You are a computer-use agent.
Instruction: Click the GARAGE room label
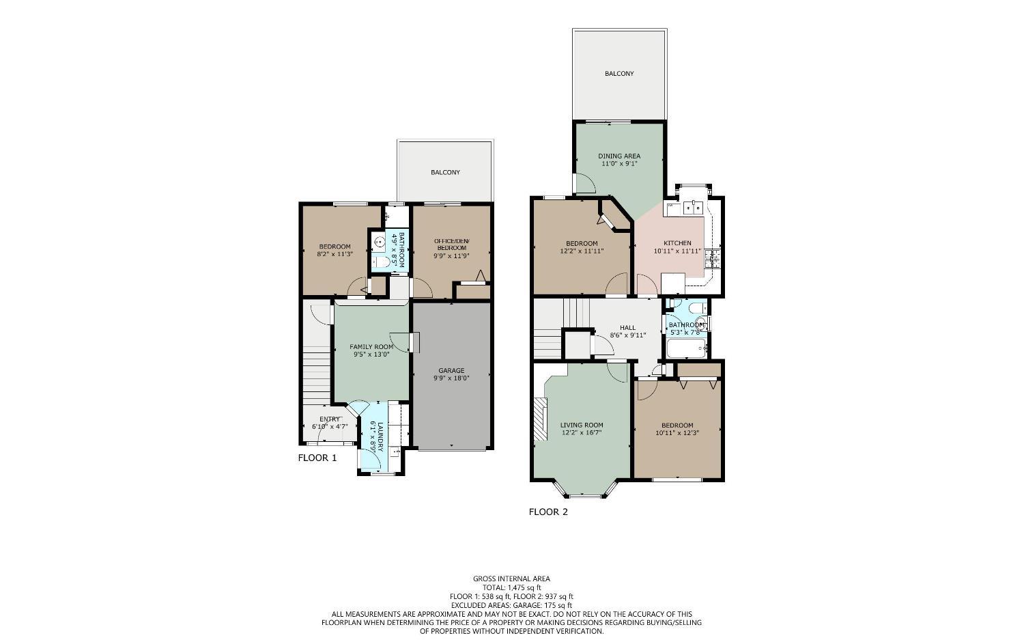pyautogui.click(x=451, y=371)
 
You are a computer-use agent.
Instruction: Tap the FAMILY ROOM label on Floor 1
pyautogui.click(x=373, y=347)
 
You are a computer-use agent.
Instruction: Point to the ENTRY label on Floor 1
pyautogui.click(x=330, y=419)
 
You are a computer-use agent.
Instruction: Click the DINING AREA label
pyautogui.click(x=619, y=156)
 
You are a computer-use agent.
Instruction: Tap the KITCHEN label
pyautogui.click(x=677, y=243)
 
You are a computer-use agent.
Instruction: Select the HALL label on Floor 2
pyautogui.click(x=627, y=327)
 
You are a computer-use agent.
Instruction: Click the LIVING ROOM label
pyautogui.click(x=582, y=425)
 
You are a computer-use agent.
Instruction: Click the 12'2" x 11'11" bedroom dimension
pyautogui.click(x=582, y=251)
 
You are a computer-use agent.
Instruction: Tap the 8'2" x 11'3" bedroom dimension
pyautogui.click(x=335, y=254)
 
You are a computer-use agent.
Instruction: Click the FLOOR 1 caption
pyautogui.click(x=317, y=458)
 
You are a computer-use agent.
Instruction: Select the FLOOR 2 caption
pyautogui.click(x=548, y=512)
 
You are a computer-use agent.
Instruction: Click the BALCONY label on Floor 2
pyautogui.click(x=619, y=74)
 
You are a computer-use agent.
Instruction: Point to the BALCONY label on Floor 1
pyautogui.click(x=445, y=173)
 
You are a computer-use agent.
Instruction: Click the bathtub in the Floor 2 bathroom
pyautogui.click(x=685, y=350)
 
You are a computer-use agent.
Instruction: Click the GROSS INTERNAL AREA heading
pyautogui.click(x=511, y=579)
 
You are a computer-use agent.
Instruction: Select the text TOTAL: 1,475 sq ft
pyautogui.click(x=511, y=587)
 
